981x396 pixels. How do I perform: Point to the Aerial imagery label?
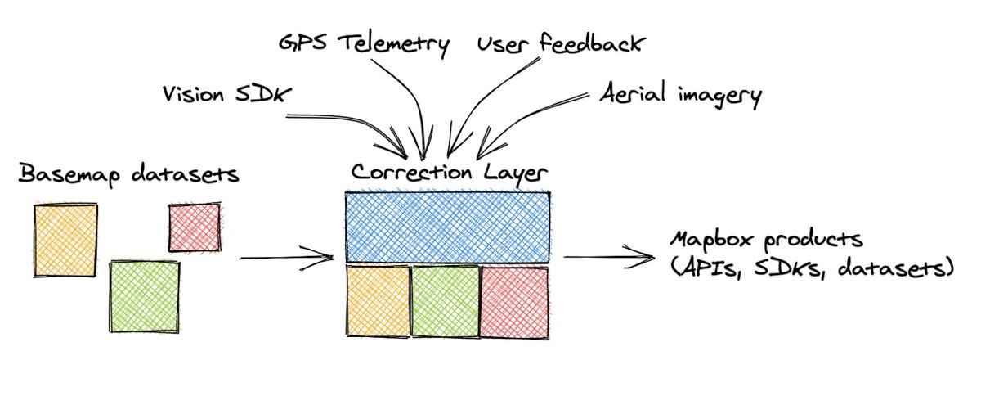(679, 95)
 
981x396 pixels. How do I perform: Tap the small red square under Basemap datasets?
(194, 227)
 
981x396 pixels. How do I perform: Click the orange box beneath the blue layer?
(377, 300)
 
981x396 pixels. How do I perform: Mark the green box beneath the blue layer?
(445, 300)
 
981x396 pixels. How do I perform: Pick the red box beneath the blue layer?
(514, 300)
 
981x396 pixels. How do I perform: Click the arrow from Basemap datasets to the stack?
(286, 259)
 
